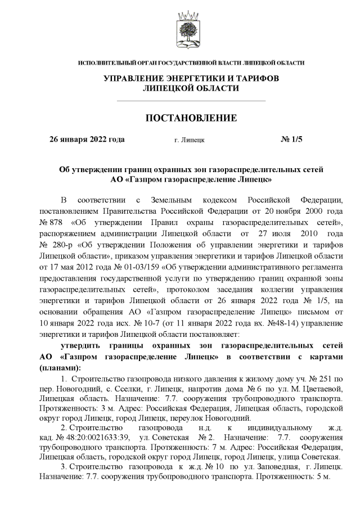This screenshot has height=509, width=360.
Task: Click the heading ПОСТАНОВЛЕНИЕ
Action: pos(191,118)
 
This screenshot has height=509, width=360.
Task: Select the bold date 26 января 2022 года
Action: pos(87,138)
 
